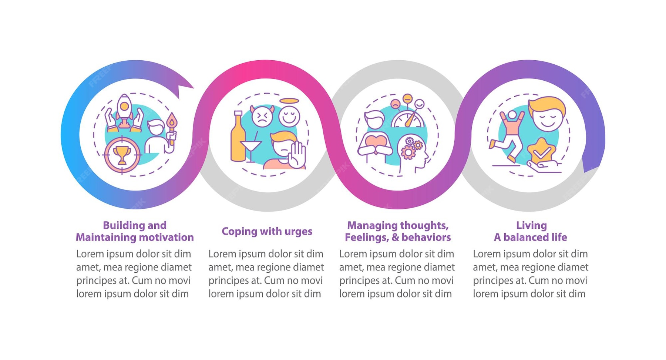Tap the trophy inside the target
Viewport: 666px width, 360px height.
click(122, 155)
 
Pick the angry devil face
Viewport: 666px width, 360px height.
click(262, 116)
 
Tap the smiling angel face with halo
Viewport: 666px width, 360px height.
click(289, 114)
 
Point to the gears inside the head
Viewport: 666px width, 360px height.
click(411, 148)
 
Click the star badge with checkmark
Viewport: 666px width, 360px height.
click(541, 152)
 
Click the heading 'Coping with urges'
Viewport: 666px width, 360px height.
click(267, 231)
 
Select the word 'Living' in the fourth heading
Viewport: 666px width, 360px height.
click(531, 225)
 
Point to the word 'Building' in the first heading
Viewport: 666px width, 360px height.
click(119, 225)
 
